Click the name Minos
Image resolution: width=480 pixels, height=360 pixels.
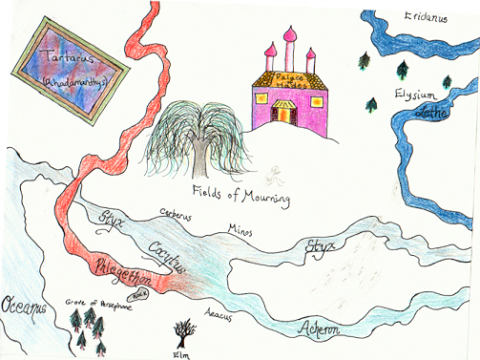coord(240,228)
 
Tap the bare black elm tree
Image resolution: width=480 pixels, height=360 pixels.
coord(182,331)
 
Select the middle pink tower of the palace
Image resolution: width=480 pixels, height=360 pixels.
coord(289,49)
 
